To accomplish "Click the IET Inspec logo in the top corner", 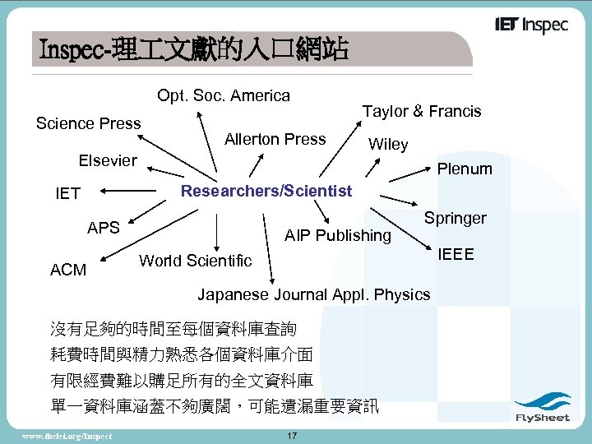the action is pos(531,25).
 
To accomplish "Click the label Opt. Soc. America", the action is pos(224,95).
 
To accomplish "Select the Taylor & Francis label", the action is pos(422,111).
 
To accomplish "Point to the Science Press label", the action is pos(89,123).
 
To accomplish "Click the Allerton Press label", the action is pos(275,139).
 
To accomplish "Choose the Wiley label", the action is pos(388,145).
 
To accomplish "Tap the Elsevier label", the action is pos(108,160).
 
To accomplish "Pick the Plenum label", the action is pos(465,169).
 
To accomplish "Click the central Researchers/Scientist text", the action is pos(266,191).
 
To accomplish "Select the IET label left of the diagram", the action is pos(67,194).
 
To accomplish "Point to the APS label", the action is pos(104,228).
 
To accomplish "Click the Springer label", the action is pos(455,218).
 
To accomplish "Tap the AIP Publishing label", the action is pos(337,236).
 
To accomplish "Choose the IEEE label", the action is pos(456,253).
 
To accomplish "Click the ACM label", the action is pos(68,270).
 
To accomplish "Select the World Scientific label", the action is pos(196,261).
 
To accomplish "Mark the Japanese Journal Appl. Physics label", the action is pos(313,294).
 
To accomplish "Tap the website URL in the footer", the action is pos(67,434).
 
